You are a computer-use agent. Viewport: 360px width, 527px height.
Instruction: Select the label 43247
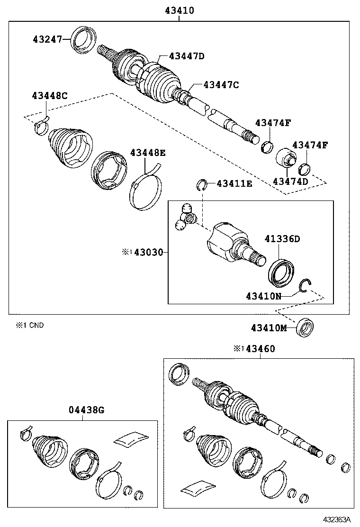coord(47,39)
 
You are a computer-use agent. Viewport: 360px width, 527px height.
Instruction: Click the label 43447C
coord(221,85)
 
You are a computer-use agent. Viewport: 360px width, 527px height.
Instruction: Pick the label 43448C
coord(49,96)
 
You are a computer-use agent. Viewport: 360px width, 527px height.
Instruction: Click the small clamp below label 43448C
coord(42,127)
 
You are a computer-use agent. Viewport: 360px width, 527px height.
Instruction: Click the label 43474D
coord(290,182)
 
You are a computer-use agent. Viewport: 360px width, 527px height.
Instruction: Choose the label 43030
coord(148,253)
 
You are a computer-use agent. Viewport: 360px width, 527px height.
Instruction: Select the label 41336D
coord(282,239)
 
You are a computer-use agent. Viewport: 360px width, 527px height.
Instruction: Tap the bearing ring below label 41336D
coord(282,272)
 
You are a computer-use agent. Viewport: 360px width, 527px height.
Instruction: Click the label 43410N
coord(263,296)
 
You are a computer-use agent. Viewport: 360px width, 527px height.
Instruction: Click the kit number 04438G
coord(85,410)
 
